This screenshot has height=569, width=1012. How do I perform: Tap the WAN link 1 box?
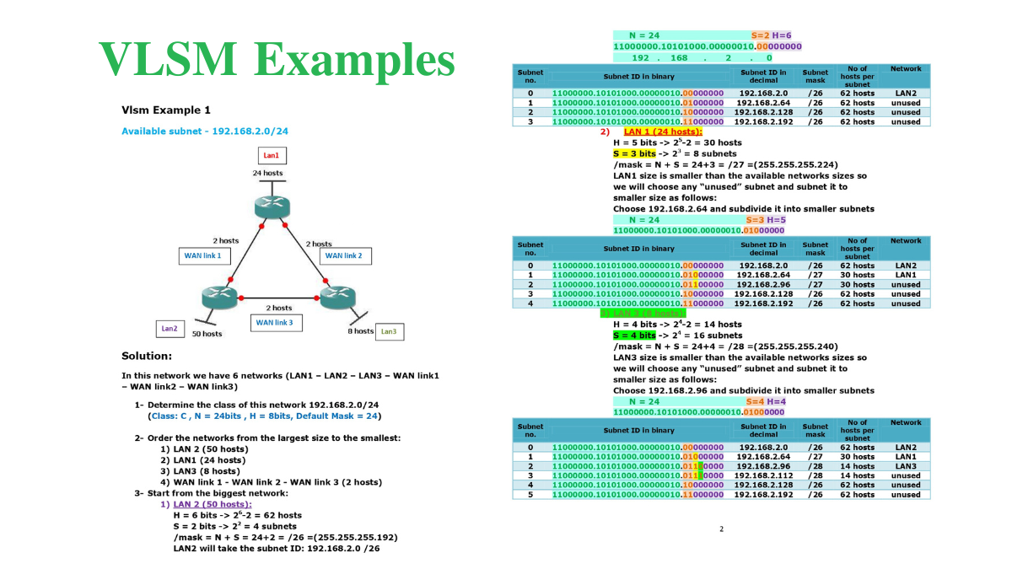click(x=202, y=255)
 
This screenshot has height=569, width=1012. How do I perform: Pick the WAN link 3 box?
click(x=274, y=322)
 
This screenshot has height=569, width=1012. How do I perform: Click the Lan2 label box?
click(x=169, y=328)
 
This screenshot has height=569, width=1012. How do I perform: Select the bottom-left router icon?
click(x=217, y=297)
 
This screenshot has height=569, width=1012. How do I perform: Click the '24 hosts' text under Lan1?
click(x=267, y=173)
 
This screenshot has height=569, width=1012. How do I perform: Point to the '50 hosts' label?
click(x=207, y=334)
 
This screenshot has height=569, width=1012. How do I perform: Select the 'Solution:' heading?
click(x=147, y=356)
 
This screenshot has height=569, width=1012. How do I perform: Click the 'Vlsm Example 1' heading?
click(x=166, y=110)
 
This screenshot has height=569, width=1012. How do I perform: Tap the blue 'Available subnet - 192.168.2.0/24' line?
click(x=205, y=132)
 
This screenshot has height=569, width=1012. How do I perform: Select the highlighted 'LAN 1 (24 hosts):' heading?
click(x=663, y=132)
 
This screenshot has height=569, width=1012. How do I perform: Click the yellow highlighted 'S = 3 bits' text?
click(x=634, y=154)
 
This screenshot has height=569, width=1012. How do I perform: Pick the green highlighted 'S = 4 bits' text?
click(x=634, y=335)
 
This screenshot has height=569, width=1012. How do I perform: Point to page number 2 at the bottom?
click(x=721, y=529)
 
